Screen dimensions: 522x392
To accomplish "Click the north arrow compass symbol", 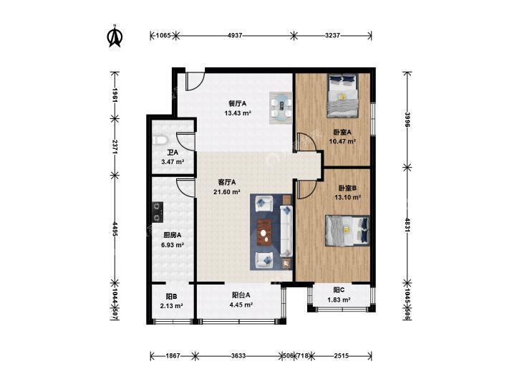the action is coord(115,36).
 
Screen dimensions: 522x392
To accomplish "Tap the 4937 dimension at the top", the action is coord(235,35).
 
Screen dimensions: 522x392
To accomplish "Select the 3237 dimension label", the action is coord(332,35).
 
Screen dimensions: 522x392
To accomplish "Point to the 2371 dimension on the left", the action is coord(115,146).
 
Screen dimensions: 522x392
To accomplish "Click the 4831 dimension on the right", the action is coord(407,224).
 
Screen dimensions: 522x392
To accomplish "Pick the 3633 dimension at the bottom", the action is coord(238,355).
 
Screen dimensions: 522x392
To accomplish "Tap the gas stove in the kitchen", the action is coord(158,212).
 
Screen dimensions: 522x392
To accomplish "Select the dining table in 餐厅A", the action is coord(281,107).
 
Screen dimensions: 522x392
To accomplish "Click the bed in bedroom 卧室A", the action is coord(343,95).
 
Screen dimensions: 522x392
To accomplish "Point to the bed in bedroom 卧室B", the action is coord(347,231).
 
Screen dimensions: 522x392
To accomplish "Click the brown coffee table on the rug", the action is coord(265,232).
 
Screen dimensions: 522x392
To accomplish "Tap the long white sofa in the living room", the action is coord(286,231).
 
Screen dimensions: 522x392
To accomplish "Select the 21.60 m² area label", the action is coord(227,192).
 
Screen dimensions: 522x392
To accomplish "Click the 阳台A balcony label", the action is coord(241,295).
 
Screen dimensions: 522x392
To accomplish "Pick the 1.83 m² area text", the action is coord(339,300).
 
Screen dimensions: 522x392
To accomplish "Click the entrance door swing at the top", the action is coord(195,81).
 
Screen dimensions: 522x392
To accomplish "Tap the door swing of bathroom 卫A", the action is coord(185,142).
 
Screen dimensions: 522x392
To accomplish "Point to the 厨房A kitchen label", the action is coord(173,235).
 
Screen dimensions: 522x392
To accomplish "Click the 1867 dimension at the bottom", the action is coord(173,355).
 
